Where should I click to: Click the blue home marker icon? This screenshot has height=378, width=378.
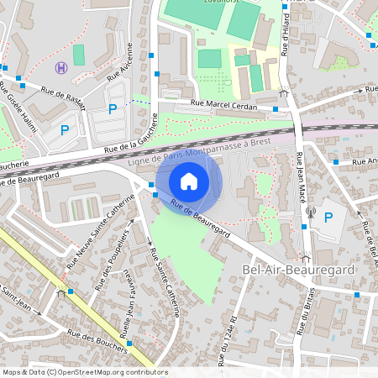pyautogui.click(x=189, y=181)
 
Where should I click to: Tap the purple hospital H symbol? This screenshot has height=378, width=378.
pyautogui.click(x=60, y=68)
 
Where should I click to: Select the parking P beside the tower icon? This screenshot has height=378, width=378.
pyautogui.click(x=328, y=217)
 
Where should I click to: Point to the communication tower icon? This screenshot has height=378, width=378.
pyautogui.click(x=309, y=213)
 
